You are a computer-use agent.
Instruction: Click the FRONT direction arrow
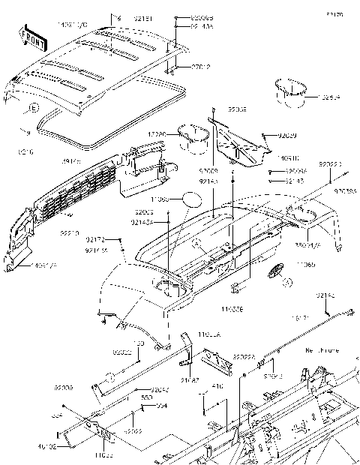pos(31,34)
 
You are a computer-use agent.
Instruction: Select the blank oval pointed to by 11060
pos(192,200)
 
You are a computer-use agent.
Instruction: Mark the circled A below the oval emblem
pos(286,283)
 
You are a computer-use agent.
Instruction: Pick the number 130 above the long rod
pos(138,343)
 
